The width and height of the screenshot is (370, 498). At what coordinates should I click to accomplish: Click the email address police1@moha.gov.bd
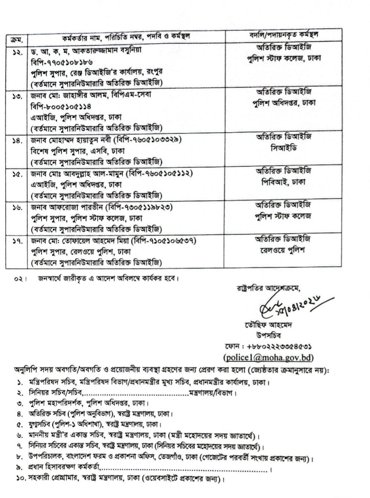click(268, 357)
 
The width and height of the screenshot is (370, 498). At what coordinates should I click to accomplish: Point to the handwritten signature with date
click(290, 307)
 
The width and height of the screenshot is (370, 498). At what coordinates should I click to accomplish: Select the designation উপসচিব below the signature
click(268, 335)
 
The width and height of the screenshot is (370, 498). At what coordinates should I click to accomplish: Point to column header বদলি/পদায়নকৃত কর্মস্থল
click(284, 35)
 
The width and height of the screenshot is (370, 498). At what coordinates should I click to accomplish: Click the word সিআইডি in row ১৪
click(283, 148)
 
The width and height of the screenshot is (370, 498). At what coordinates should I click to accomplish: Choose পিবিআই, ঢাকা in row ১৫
click(283, 182)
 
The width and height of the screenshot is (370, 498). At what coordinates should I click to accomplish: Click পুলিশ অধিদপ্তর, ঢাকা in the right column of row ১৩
click(284, 102)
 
